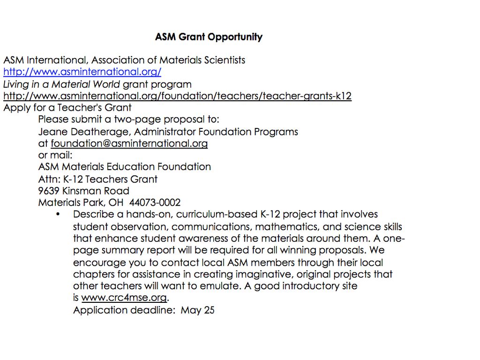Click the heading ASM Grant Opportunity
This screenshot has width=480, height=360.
click(209, 37)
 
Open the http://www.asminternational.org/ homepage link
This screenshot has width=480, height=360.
click(82, 72)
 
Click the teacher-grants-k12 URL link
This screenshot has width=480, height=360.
click(177, 96)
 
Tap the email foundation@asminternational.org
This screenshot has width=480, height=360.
click(129, 143)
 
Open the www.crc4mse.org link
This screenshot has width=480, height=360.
click(124, 298)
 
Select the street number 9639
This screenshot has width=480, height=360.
click(49, 191)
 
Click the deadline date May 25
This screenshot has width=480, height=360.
click(198, 310)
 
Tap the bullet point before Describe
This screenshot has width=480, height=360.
click(58, 215)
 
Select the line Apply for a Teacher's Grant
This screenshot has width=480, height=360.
click(67, 108)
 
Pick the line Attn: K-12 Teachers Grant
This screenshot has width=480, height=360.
click(98, 179)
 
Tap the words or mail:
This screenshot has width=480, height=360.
click(55, 155)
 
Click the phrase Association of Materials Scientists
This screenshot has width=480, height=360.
click(168, 60)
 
